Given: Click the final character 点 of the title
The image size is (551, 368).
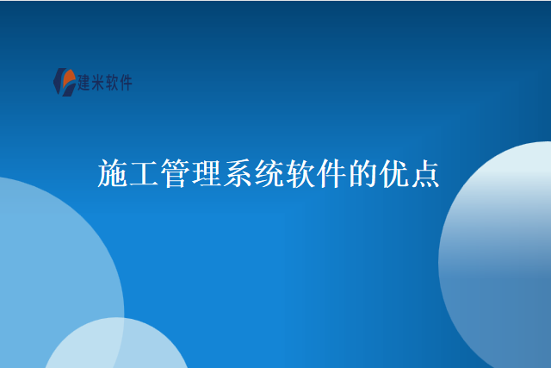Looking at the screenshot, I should point(426,174).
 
